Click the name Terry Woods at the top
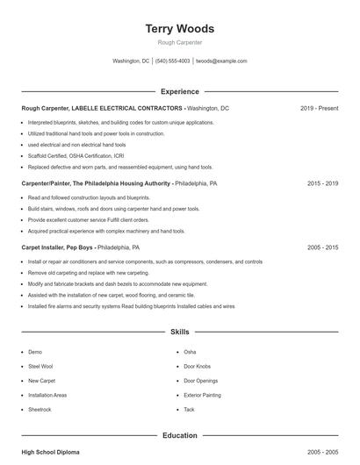click(179, 29)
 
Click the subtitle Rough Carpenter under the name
click(179, 42)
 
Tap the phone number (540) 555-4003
click(172, 61)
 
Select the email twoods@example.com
click(221, 61)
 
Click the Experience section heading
click(179, 91)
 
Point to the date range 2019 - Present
click(319, 108)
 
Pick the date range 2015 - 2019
click(322, 184)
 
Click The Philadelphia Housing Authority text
click(122, 184)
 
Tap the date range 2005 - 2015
click(322, 248)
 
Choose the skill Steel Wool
click(41, 366)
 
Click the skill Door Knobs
click(197, 366)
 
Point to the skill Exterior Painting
click(202, 395)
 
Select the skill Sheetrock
click(40, 410)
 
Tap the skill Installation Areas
click(47, 395)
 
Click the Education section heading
click(179, 435)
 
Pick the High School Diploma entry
click(50, 452)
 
